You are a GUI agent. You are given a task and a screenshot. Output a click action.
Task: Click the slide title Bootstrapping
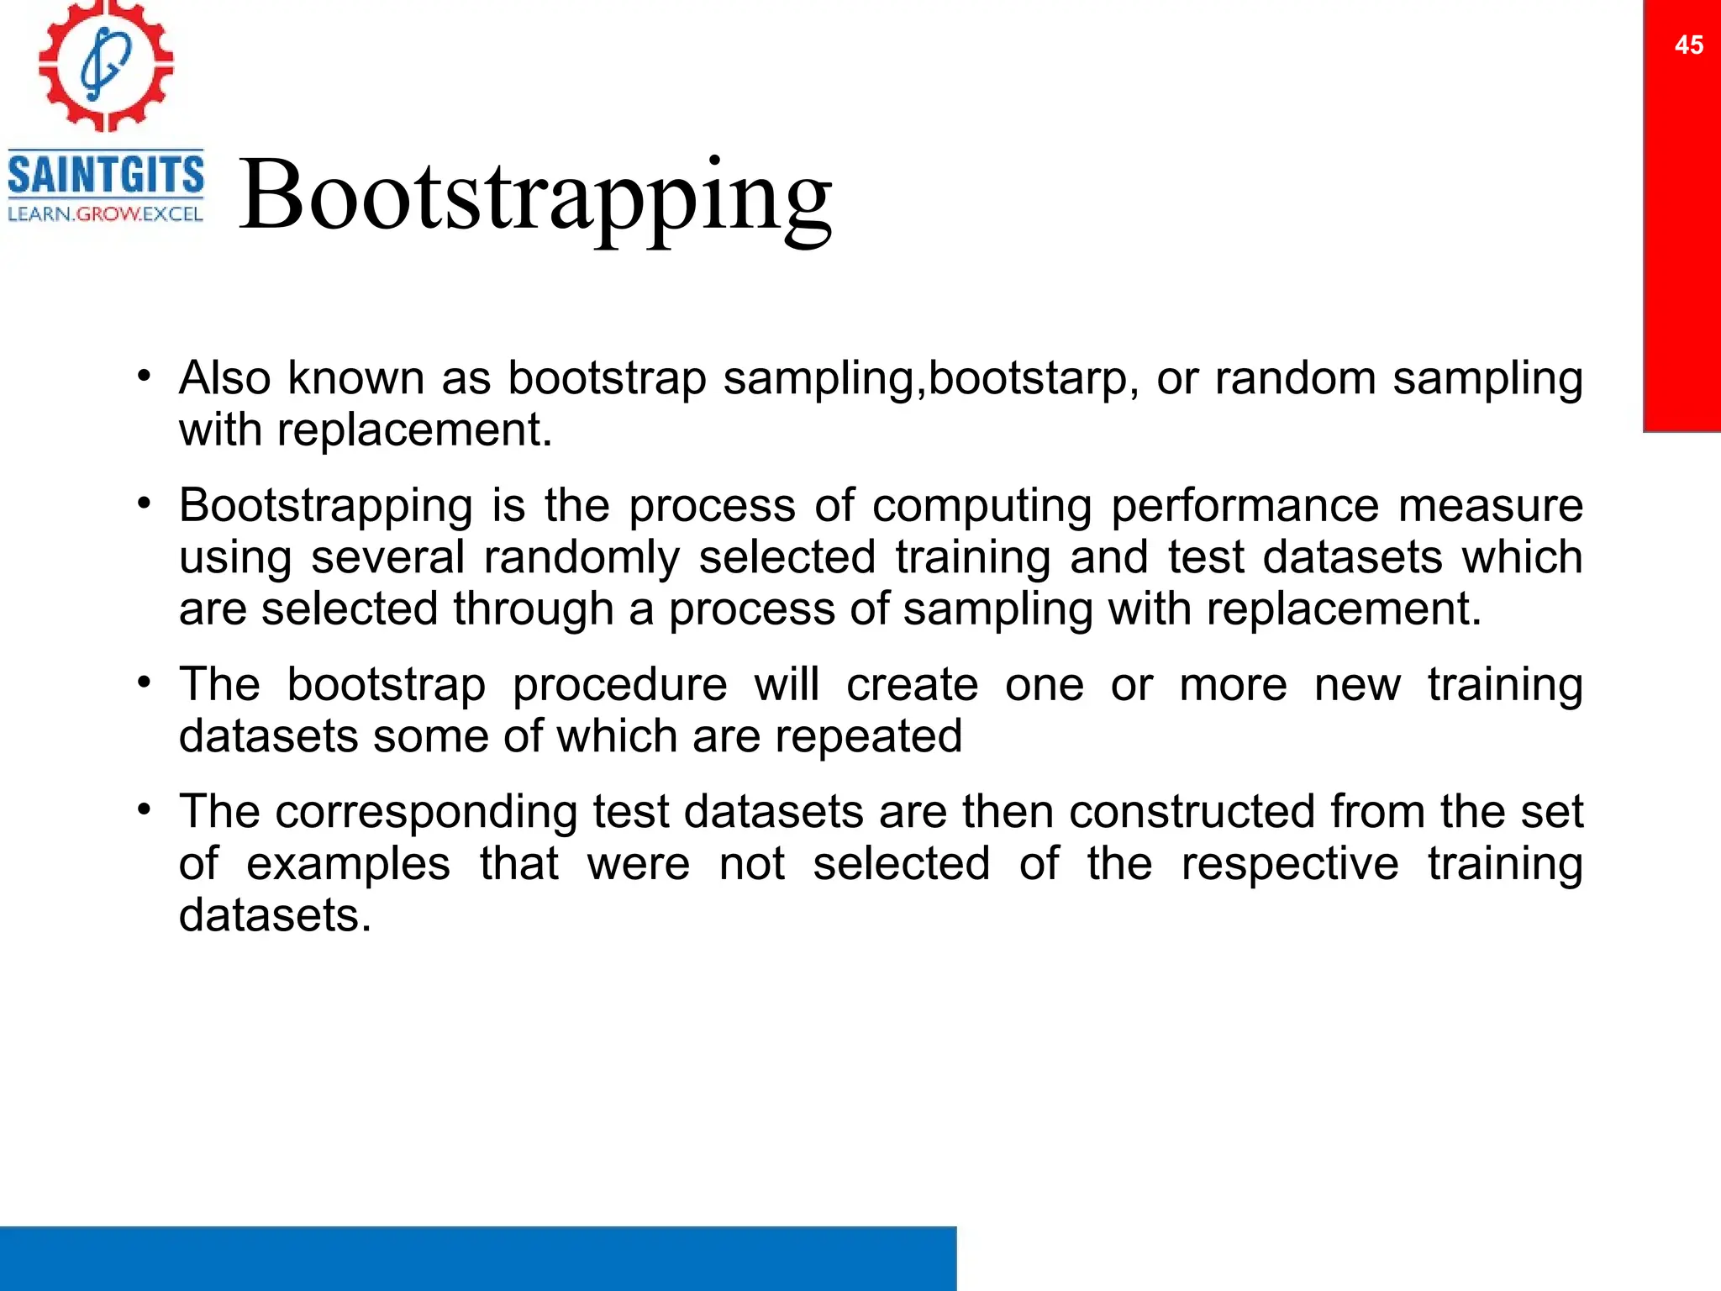pyautogui.click(x=535, y=196)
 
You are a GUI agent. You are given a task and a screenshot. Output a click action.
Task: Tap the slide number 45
pyautogui.click(x=1688, y=45)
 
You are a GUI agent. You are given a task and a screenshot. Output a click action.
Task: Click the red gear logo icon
pyautogui.click(x=106, y=66)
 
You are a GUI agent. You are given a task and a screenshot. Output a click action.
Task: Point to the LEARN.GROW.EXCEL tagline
pyautogui.click(x=106, y=214)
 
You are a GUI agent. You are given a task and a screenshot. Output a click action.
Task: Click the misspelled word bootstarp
pyautogui.click(x=1026, y=378)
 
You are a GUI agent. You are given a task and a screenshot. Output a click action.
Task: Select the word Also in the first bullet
pyautogui.click(x=224, y=378)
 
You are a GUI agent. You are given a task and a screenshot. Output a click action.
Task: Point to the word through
pyautogui.click(x=533, y=609)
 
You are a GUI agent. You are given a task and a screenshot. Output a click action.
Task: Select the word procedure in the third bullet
pyautogui.click(x=619, y=684)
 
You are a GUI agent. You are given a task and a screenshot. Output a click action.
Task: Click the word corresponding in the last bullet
pyautogui.click(x=426, y=812)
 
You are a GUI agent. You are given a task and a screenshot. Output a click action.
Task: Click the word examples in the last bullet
pyautogui.click(x=348, y=864)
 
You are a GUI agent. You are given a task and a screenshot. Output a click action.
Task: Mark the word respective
pyautogui.click(x=1289, y=864)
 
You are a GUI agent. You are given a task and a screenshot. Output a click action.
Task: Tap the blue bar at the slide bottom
pyautogui.click(x=477, y=1258)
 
